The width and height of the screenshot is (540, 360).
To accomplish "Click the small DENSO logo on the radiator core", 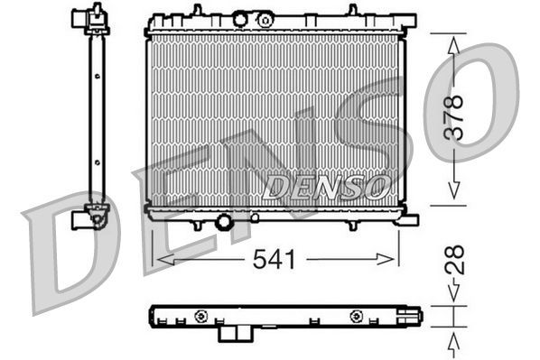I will [326, 187].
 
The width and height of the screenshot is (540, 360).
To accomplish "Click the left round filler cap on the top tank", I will [240, 19].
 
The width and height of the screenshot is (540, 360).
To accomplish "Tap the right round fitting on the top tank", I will [265, 19].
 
